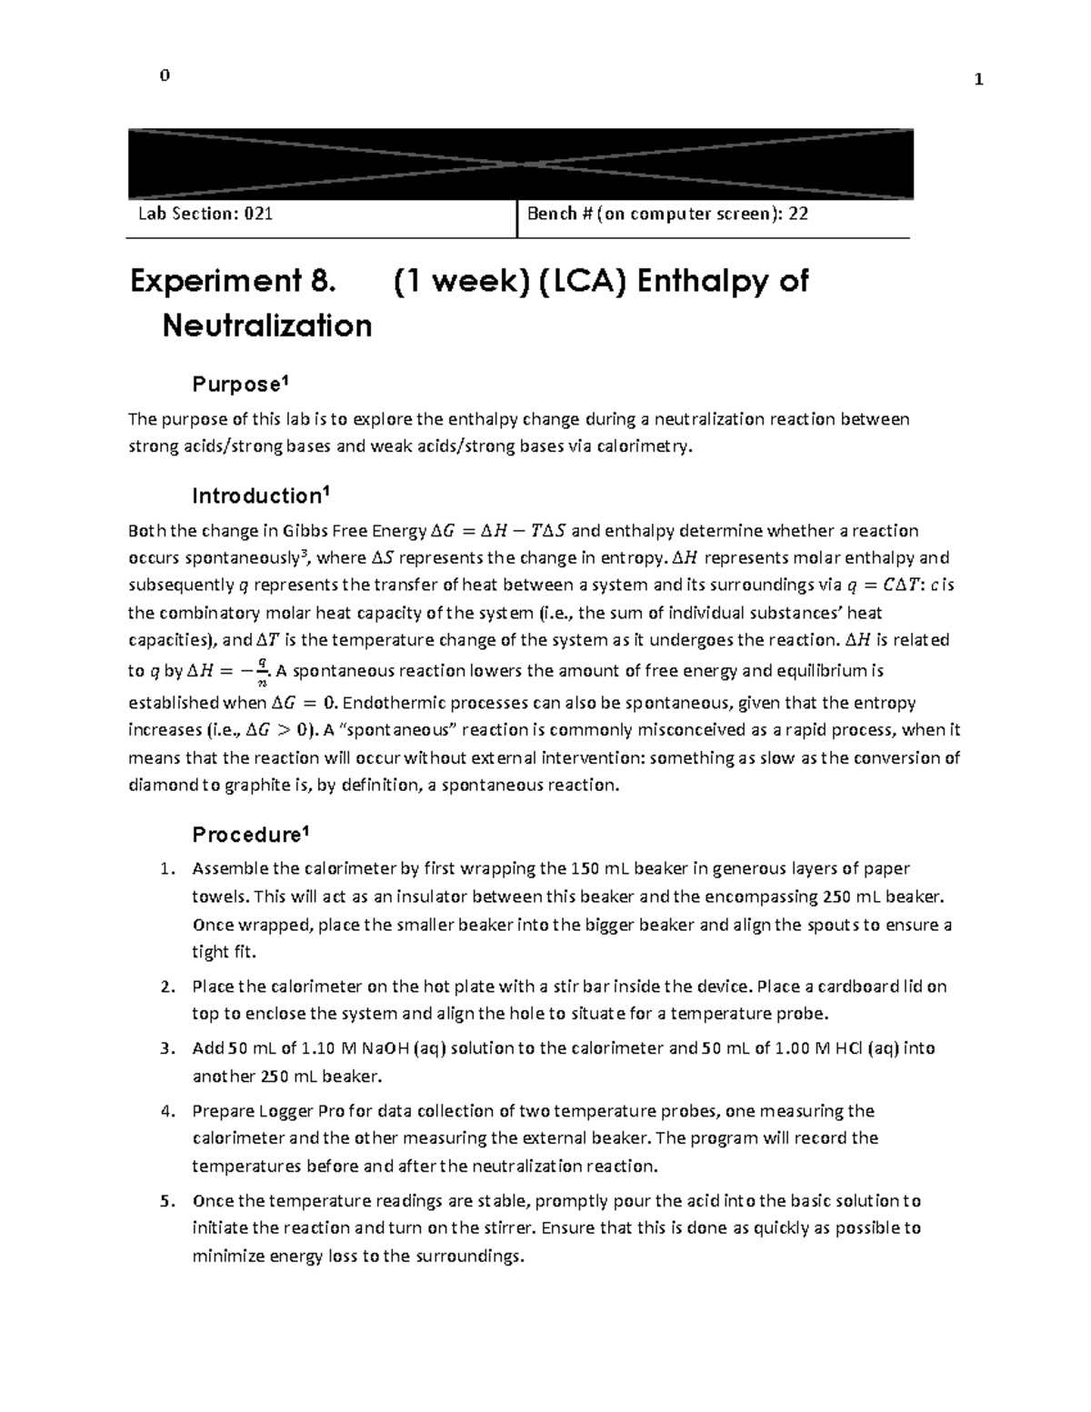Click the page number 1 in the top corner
978,79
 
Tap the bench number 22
798,215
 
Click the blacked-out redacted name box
520,165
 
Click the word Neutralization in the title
266,325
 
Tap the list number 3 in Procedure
165,1048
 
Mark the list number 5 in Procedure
165,1201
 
